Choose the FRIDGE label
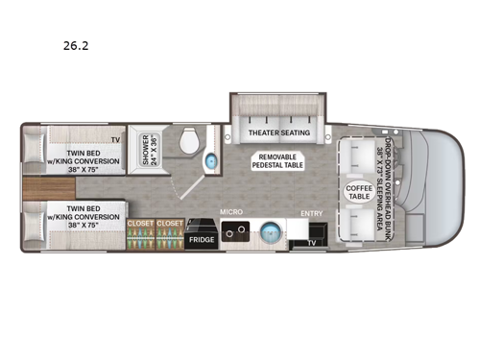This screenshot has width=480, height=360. click(200, 238)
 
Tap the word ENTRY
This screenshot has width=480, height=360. click(312, 214)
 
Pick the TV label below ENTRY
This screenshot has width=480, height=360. click(310, 243)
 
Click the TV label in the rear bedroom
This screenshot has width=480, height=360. click(115, 141)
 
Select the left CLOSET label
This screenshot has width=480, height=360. click(139, 223)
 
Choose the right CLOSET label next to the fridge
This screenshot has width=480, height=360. click(169, 223)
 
